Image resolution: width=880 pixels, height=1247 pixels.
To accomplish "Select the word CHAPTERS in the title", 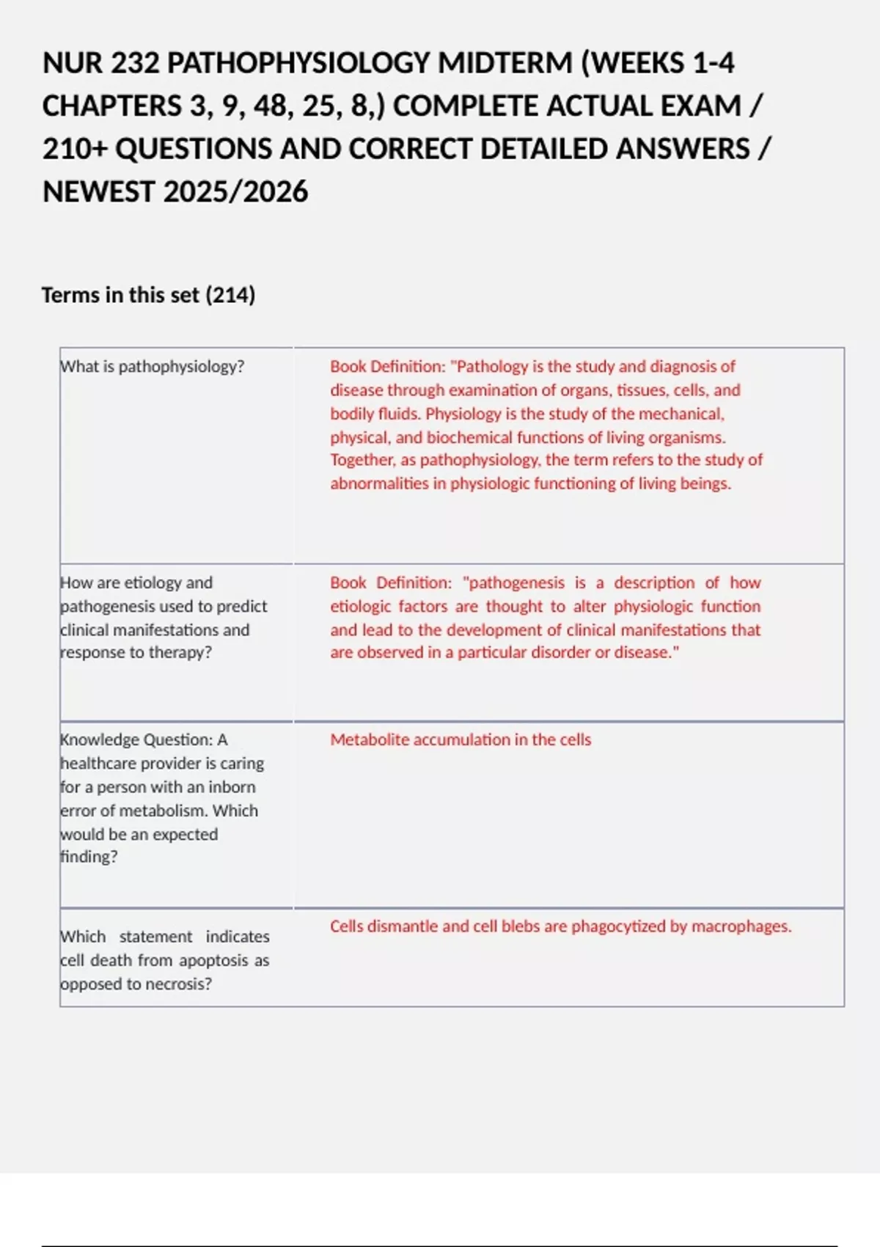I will pyautogui.click(x=111, y=106).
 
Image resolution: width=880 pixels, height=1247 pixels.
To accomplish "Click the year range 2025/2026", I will pyautogui.click(x=235, y=192).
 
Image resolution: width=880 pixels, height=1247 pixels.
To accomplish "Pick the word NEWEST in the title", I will pyautogui.click(x=99, y=192).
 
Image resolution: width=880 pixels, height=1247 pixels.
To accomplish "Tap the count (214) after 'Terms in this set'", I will pyautogui.click(x=230, y=295).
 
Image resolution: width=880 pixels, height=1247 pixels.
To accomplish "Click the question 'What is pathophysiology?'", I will pyautogui.click(x=153, y=366).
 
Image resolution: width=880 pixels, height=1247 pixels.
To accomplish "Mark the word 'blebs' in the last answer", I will pyautogui.click(x=523, y=926).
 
